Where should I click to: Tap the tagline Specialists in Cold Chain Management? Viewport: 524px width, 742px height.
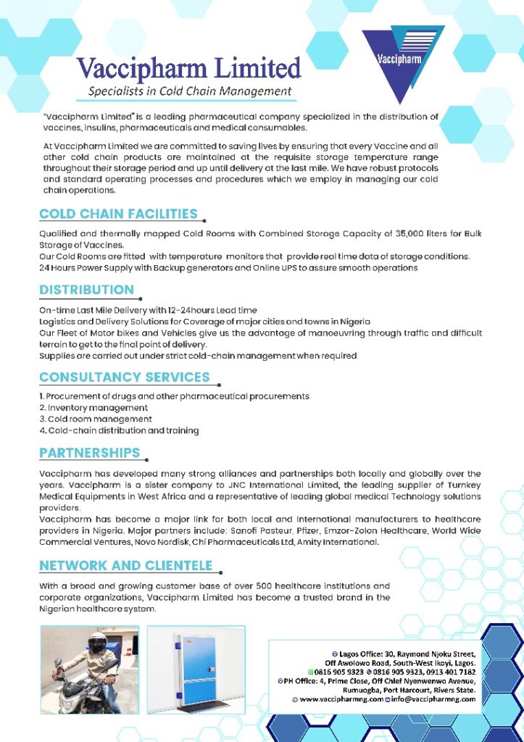click(x=190, y=91)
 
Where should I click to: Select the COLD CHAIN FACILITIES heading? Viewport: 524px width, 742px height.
click(x=118, y=214)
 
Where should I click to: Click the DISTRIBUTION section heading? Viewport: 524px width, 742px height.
click(x=86, y=290)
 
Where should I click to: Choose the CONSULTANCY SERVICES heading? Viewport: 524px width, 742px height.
click(x=125, y=377)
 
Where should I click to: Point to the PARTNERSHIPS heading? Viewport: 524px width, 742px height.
click(x=90, y=453)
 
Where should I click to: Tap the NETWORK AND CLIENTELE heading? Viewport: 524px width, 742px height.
click(x=125, y=565)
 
